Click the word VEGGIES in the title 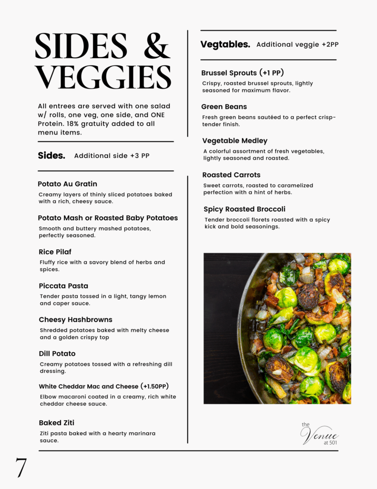103,76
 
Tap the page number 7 20,468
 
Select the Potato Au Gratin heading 67,184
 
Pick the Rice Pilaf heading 55,252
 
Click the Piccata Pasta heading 63,286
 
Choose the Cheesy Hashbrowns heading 75,319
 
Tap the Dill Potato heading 57,353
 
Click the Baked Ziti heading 56,423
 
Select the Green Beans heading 224,106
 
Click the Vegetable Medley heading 234,141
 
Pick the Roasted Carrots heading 231,175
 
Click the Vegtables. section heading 225,44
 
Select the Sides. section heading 51,156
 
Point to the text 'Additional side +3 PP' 112,156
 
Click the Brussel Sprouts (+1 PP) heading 242,73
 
